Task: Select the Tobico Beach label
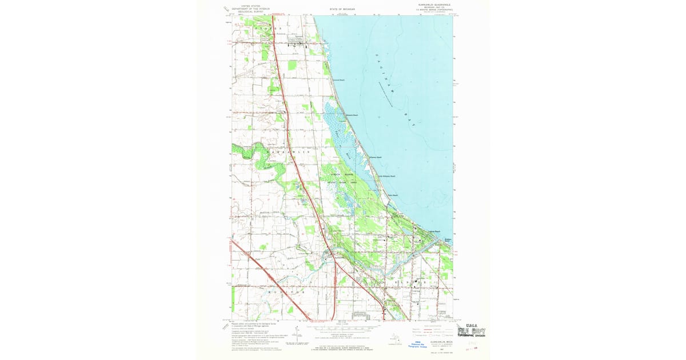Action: [x=392, y=195]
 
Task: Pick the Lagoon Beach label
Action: [x=434, y=231]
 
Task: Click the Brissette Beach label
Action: [x=352, y=115]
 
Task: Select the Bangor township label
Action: [x=410, y=283]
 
